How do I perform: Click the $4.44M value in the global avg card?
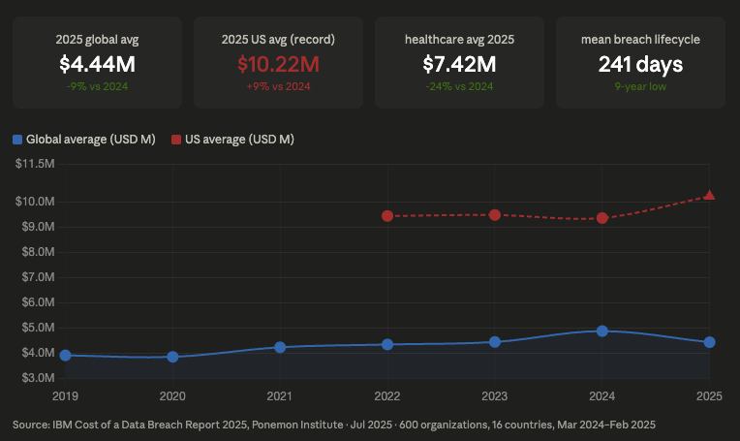(x=97, y=64)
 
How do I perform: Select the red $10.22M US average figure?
(x=278, y=64)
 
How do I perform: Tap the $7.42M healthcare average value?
(x=459, y=64)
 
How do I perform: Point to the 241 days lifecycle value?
(x=640, y=64)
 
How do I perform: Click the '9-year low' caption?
(x=640, y=86)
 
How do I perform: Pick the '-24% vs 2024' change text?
(x=459, y=86)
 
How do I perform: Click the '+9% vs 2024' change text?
(x=278, y=86)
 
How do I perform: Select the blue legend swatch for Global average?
(x=17, y=140)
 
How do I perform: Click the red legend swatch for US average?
(x=176, y=140)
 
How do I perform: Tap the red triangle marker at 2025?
(x=710, y=195)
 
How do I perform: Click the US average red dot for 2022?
(x=387, y=216)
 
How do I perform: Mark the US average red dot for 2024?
(x=602, y=218)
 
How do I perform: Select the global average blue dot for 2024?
(x=602, y=331)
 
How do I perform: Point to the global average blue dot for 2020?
(x=172, y=357)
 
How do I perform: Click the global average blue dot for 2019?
(x=65, y=356)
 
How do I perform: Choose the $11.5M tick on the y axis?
(x=35, y=164)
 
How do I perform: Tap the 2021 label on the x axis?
(x=280, y=395)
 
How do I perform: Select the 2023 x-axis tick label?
(x=495, y=395)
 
